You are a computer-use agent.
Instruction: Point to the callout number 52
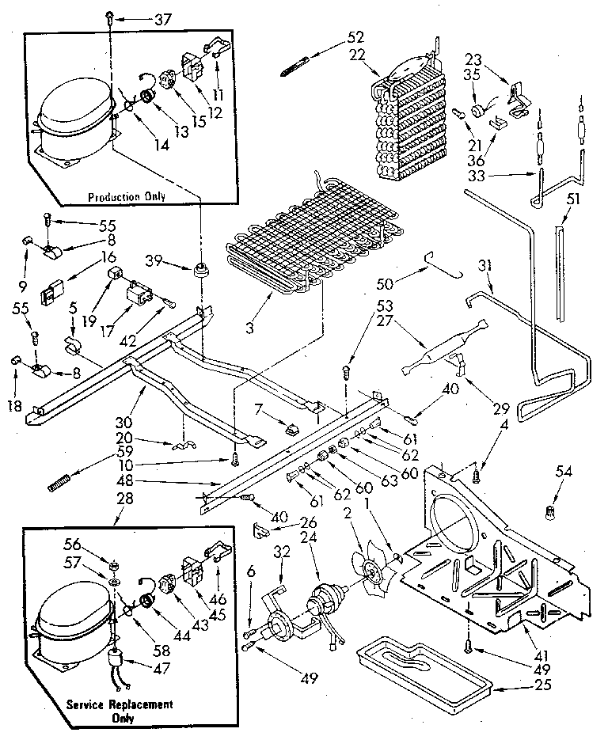coord(355,36)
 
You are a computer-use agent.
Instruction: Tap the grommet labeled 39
coord(199,268)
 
